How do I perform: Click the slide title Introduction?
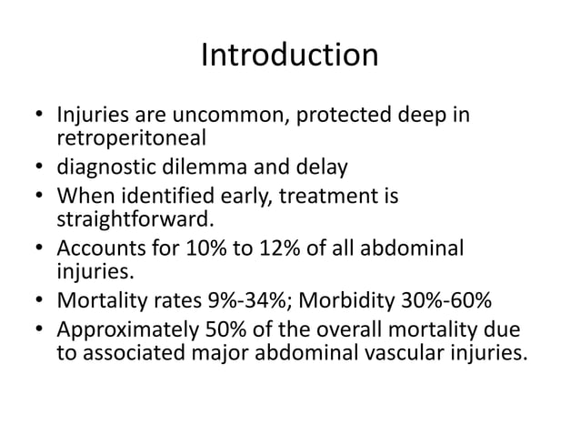coord(289,56)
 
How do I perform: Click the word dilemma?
coord(227,167)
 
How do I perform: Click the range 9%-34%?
coord(226,300)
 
